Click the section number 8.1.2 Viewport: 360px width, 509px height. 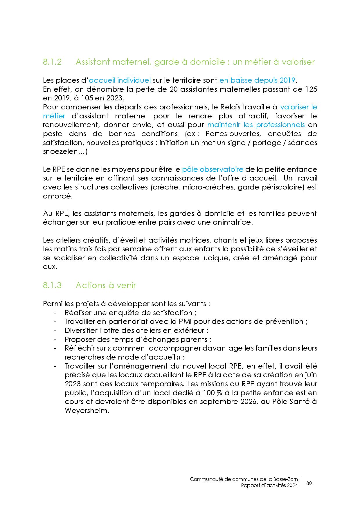52,62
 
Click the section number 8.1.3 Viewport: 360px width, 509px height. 52,286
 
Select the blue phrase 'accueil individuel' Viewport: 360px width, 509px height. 120,80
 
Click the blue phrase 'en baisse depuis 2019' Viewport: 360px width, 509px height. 257,80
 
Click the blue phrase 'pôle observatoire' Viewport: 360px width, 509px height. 213,169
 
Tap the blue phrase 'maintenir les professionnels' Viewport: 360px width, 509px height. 256,125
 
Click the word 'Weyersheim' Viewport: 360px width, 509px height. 86,411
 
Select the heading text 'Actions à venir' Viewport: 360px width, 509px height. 106,286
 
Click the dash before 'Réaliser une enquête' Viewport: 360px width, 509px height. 55,313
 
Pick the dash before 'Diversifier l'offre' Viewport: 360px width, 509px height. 55,331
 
